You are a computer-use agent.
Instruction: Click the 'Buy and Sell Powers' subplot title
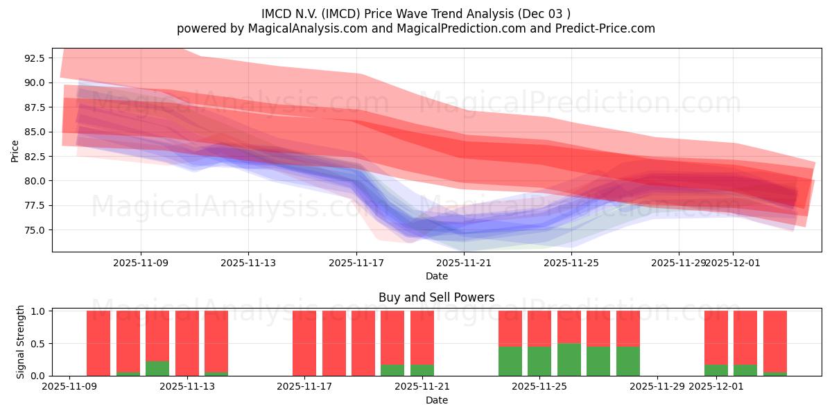click(436, 297)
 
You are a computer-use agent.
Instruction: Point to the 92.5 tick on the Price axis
click(34, 58)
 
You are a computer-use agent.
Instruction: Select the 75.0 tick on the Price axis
click(34, 230)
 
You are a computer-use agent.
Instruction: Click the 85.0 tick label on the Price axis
click(34, 132)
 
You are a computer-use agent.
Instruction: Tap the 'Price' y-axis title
click(15, 150)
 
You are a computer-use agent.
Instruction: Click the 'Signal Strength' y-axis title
click(21, 342)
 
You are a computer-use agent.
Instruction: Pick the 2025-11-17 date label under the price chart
click(356, 263)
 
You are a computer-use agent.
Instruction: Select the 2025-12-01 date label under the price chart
click(733, 263)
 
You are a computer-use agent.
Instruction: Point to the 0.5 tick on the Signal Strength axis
click(38, 343)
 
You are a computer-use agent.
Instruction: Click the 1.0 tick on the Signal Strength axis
click(38, 311)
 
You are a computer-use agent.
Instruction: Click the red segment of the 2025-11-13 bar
click(187, 343)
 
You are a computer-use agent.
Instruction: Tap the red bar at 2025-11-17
click(304, 343)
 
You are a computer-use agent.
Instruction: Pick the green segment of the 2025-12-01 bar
click(716, 370)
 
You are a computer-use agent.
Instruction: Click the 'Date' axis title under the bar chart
click(436, 400)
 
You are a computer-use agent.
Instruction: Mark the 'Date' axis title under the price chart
click(436, 276)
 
